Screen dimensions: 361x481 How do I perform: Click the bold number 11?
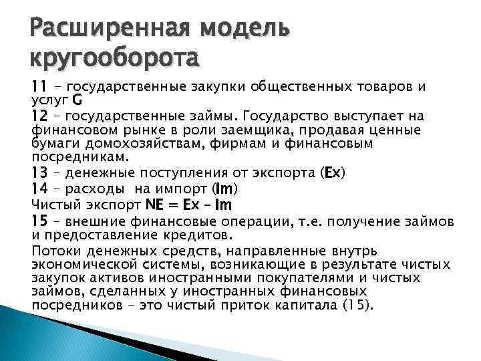pyautogui.click(x=40, y=87)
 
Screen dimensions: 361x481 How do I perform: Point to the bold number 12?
pyautogui.click(x=40, y=116)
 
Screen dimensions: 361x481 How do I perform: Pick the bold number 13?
pyautogui.click(x=40, y=172)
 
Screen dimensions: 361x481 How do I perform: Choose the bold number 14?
pyautogui.click(x=40, y=188)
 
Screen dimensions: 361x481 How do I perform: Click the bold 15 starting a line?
pyautogui.click(x=40, y=221)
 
